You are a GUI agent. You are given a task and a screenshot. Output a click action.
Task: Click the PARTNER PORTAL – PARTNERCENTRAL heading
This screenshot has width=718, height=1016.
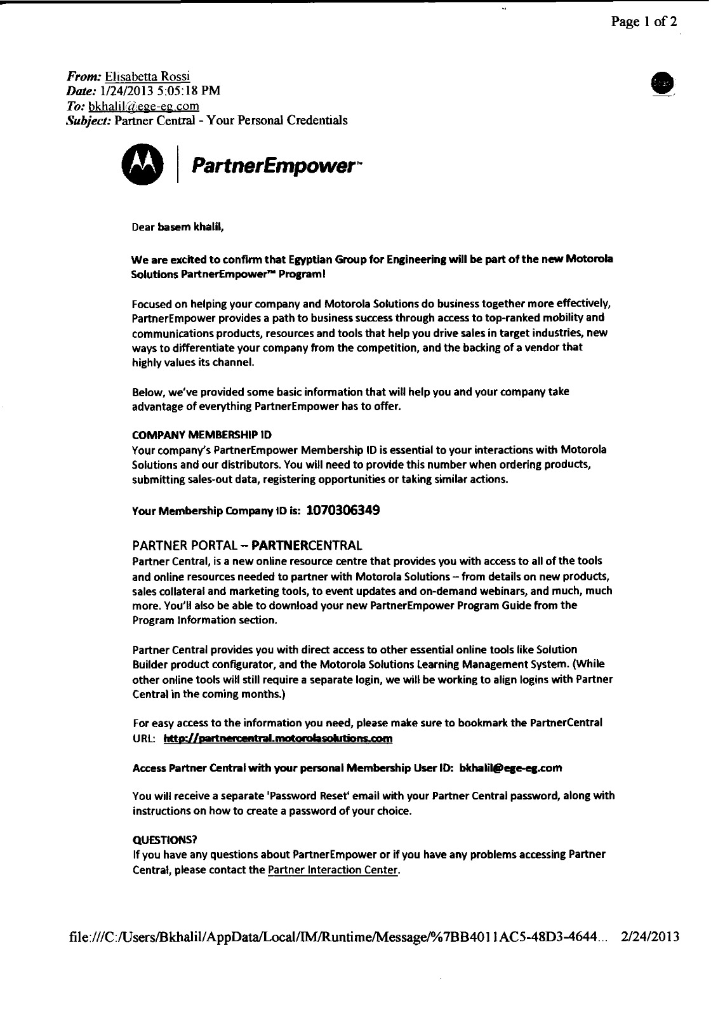247,545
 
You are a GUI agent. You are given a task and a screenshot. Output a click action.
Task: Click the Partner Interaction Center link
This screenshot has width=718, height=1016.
334,869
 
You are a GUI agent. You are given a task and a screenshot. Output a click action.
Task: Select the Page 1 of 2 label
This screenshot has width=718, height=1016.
644,22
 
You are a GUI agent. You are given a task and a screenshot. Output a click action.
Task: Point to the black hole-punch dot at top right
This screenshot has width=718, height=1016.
663,84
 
